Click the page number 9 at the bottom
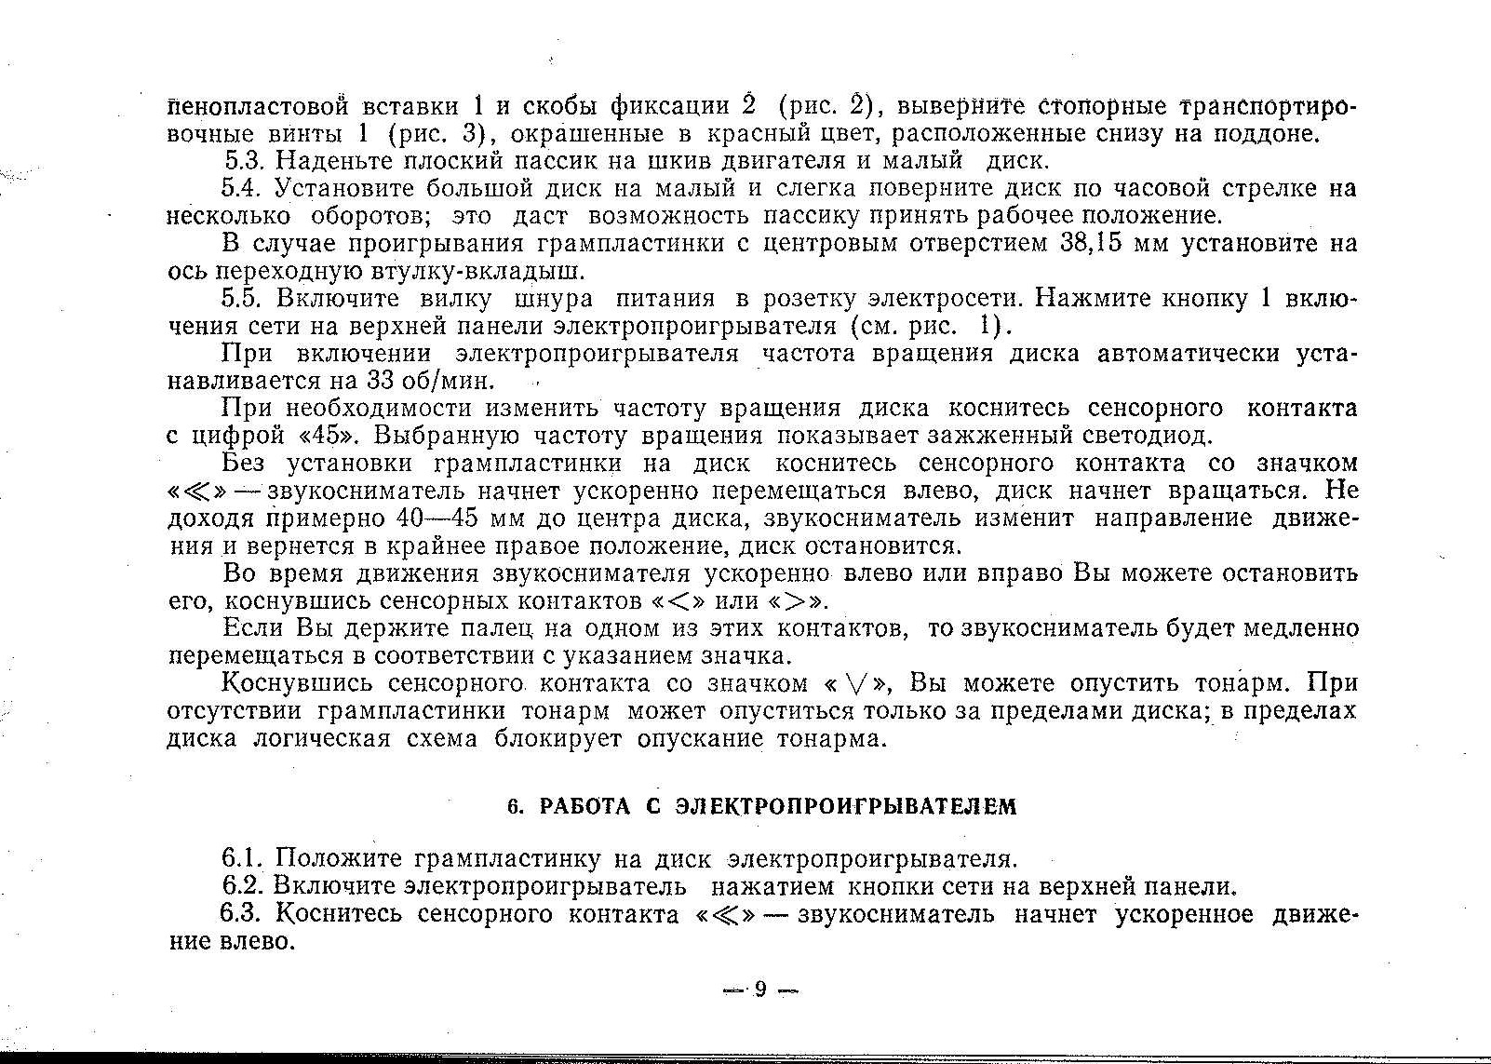pos(759,990)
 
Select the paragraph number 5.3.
pos(246,161)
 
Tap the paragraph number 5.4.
pos(246,189)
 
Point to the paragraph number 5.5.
pos(246,299)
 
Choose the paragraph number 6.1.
pos(246,857)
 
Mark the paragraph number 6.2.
pos(246,885)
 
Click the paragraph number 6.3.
pos(246,914)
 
